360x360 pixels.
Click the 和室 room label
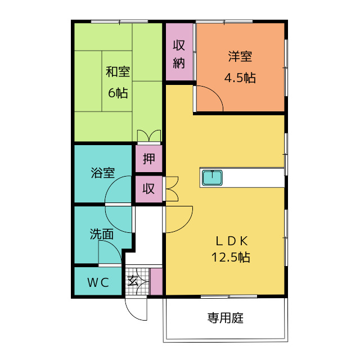118,72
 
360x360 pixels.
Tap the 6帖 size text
118,93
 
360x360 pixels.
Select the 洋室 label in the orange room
240,56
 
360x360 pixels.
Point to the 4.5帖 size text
240,78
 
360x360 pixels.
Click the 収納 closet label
179,54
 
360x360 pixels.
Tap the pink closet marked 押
148,159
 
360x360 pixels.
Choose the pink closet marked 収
148,189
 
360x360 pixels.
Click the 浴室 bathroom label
103,173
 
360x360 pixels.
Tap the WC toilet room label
97,283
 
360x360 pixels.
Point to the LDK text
232,241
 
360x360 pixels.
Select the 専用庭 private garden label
225,318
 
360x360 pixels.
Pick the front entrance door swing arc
135,308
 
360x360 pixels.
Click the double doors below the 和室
148,136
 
